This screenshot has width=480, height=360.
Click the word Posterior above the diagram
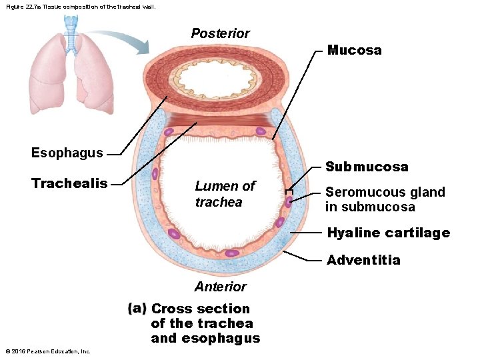[220, 33]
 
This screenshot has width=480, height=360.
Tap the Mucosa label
[354, 51]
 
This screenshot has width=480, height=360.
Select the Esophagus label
[67, 153]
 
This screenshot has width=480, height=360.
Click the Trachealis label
[69, 183]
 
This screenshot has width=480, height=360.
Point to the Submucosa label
[367, 167]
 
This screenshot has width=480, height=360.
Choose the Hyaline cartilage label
[388, 233]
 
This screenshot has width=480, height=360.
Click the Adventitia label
[363, 260]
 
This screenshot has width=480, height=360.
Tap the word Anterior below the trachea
[220, 287]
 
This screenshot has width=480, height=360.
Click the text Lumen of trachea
[225, 194]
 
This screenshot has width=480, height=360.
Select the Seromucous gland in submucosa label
[385, 199]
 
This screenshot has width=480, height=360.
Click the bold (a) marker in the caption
[137, 309]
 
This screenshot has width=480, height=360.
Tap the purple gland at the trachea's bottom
[231, 253]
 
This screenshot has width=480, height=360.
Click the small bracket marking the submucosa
[288, 190]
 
